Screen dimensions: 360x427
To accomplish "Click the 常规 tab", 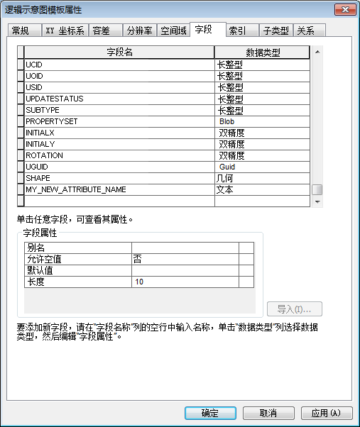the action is click(22, 31).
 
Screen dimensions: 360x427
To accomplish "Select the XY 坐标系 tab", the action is click(65, 31).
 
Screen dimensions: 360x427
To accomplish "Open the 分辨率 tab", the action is click(139, 31).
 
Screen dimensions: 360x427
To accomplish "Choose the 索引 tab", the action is click(238, 31).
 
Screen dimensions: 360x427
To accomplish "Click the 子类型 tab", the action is click(276, 31).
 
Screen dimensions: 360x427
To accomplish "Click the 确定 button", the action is click(210, 413).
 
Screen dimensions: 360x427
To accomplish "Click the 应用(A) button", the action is click(326, 413).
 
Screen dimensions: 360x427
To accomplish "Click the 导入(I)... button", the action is click(295, 309).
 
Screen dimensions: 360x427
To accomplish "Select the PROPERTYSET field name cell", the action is click(119, 121).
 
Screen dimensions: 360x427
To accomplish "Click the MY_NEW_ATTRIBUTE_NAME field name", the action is click(119, 189).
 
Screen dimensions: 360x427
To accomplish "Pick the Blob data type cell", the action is click(262, 121).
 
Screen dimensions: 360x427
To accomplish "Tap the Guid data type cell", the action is click(262, 167).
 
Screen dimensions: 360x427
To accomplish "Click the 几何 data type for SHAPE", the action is click(262, 178).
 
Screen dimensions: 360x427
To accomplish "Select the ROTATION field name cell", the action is click(119, 155).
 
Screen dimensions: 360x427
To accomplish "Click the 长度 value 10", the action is click(185, 282).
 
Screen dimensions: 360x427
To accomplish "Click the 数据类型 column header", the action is click(262, 52).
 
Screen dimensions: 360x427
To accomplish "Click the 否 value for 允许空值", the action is click(185, 259).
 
